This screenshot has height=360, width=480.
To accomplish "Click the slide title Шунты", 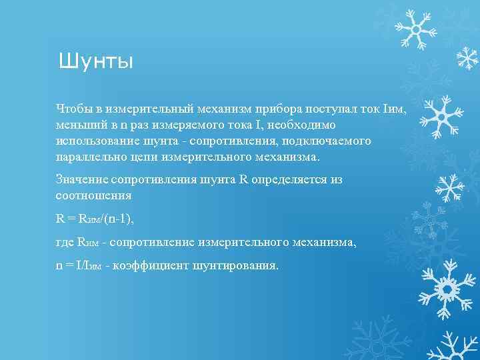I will click(x=96, y=61).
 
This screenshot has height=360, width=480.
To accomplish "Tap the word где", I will click(x=65, y=242).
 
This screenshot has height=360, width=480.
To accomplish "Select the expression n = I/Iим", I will click(x=79, y=265).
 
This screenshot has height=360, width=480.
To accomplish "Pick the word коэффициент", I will click(x=151, y=265).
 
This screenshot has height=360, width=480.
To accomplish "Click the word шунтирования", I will click(x=235, y=265).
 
